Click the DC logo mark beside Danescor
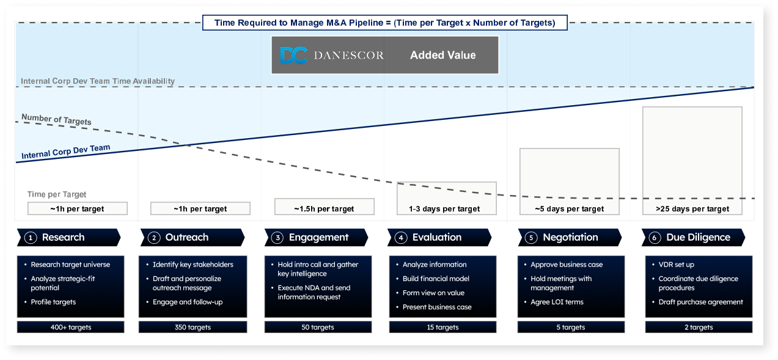coord(293,55)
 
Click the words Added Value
coord(443,55)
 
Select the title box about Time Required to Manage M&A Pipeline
coord(385,23)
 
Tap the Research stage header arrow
coord(69,237)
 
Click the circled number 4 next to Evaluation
coord(401,238)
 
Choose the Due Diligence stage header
coord(693,237)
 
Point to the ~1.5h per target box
coord(325,207)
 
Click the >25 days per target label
coord(692,209)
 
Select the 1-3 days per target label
coord(444,209)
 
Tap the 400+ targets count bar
coord(70,327)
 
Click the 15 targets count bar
coord(443,327)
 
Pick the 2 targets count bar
coord(699,327)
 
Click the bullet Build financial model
coord(436,279)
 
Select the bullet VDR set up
coord(676,265)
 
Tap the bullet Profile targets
coord(53,302)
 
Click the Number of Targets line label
coord(56,120)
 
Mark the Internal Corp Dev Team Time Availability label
coord(98,81)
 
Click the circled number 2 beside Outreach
coord(154,238)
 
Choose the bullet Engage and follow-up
coord(188,302)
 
